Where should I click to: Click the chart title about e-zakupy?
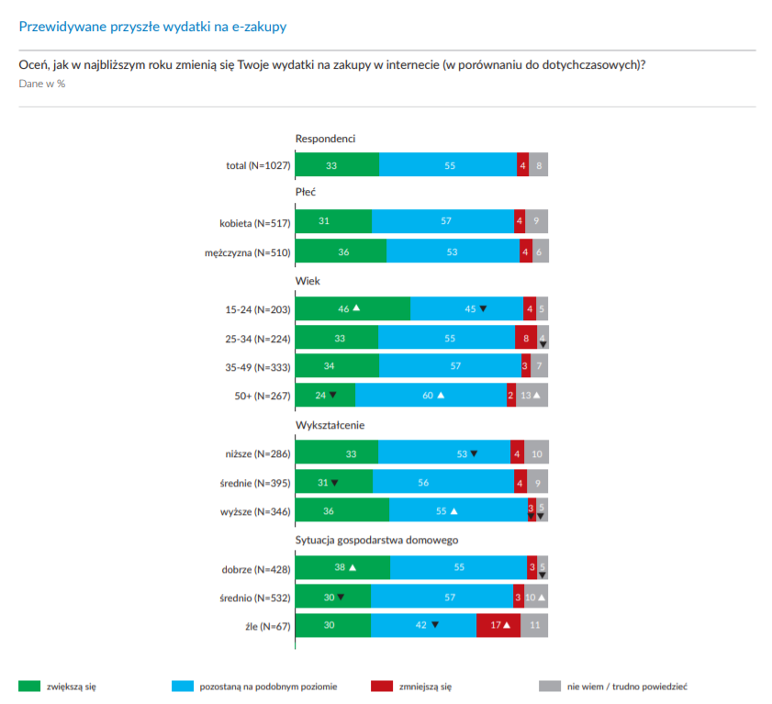[x=152, y=27]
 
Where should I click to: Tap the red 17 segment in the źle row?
[x=498, y=626]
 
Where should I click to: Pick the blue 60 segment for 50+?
[x=431, y=395]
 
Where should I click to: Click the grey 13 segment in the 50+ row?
[x=532, y=395]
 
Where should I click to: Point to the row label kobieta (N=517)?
[x=254, y=222]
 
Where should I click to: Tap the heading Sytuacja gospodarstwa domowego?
[x=376, y=540]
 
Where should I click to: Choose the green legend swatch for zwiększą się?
[x=29, y=686]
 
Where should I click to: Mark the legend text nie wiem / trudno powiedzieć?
[x=627, y=686]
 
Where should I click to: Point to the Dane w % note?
[x=42, y=84]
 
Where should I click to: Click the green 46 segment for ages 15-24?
[x=352, y=308]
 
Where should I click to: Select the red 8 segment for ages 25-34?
[x=525, y=338]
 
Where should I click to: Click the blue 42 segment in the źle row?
[x=423, y=626]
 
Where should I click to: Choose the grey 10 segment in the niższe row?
[x=536, y=453]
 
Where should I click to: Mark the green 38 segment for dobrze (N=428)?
[x=342, y=567]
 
